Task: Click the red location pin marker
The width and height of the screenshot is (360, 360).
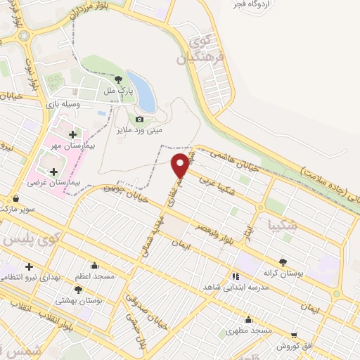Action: click(x=181, y=165)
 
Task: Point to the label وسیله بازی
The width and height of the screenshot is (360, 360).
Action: click(x=63, y=104)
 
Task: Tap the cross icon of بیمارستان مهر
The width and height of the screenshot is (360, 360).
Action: click(x=73, y=133)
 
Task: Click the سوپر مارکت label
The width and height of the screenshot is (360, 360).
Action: click(x=18, y=210)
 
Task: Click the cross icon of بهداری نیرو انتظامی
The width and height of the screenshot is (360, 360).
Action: click(x=28, y=266)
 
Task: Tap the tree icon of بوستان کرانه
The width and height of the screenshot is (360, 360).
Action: click(x=283, y=261)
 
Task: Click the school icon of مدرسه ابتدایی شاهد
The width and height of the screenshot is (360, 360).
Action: click(x=234, y=276)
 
